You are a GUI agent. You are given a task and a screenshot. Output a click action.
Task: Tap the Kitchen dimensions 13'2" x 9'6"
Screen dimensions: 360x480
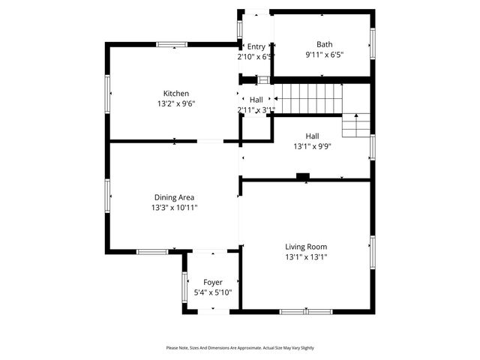[176, 103]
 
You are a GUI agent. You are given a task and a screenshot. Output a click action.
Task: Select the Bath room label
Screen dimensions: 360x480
[324, 44]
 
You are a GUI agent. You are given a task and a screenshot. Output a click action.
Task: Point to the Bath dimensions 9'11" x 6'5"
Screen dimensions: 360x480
[324, 55]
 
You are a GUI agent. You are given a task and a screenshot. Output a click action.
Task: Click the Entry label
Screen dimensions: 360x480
[256, 46]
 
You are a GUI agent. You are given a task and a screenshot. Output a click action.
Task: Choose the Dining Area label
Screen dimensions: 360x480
[174, 197]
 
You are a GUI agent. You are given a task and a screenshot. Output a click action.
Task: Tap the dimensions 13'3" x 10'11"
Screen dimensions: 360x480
[174, 208]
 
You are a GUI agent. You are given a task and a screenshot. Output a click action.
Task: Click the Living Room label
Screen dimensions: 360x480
[306, 246]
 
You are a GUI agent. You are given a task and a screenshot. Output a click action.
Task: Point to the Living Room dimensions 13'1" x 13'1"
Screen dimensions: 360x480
[306, 256]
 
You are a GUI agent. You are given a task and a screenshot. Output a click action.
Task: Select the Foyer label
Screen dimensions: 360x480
[213, 282]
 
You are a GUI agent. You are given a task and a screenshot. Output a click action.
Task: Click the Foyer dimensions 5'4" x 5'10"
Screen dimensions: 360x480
[213, 292]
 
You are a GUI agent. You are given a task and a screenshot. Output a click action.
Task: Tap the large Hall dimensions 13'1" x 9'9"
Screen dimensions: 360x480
[312, 147]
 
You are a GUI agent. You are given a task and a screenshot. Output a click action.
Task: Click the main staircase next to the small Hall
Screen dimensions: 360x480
[307, 97]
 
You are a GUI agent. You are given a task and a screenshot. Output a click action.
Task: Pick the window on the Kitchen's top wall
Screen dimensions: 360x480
[172, 44]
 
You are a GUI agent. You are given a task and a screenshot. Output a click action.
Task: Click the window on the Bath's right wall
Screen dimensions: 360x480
[372, 43]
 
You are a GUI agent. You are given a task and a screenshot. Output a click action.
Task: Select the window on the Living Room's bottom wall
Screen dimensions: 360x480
[306, 311]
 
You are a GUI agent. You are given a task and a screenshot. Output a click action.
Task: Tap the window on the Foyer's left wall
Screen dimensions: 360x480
[184, 287]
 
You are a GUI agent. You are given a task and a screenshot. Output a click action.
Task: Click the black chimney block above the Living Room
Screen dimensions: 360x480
[303, 177]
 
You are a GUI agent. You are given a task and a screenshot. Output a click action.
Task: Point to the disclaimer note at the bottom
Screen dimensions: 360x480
[240, 348]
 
